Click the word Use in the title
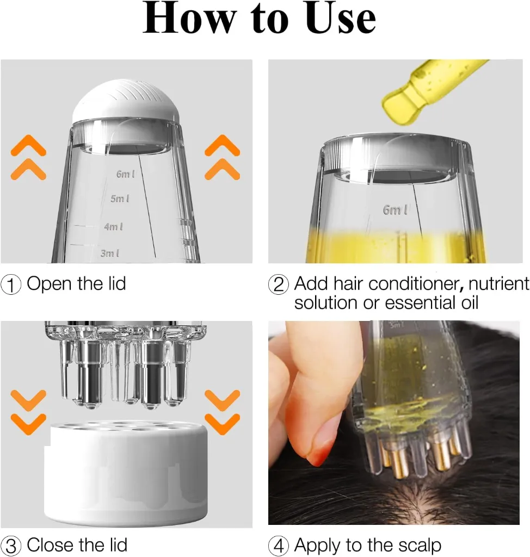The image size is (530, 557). pyautogui.click(x=341, y=19)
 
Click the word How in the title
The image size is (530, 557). pyautogui.click(x=188, y=19)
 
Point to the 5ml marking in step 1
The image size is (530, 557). pyautogui.click(x=120, y=199)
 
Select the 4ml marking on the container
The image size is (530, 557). pyautogui.click(x=113, y=226)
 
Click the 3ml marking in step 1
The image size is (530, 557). pyautogui.click(x=109, y=253)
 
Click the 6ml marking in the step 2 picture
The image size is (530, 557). pyautogui.click(x=396, y=210)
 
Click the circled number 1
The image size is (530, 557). pyautogui.click(x=11, y=284)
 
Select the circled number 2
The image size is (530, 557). pyautogui.click(x=279, y=284)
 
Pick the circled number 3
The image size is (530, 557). pyautogui.click(x=11, y=546)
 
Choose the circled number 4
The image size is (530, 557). pyautogui.click(x=279, y=546)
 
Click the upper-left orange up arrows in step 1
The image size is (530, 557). pyautogui.click(x=28, y=158)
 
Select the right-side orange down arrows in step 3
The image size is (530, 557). pyautogui.click(x=223, y=412)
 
